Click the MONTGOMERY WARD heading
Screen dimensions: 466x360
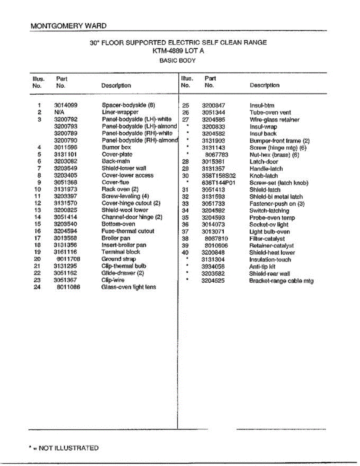click(68, 26)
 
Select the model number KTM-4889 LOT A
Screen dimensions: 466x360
click(178, 50)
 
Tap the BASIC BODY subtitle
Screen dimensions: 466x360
click(178, 61)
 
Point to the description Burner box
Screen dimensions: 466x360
click(116, 147)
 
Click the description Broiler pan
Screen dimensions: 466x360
click(116, 238)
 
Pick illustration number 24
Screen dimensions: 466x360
click(37, 287)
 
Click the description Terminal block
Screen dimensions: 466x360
click(120, 252)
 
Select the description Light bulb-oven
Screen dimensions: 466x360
click(269, 232)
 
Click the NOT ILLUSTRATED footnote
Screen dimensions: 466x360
click(64, 448)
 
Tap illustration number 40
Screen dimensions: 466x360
click(185, 253)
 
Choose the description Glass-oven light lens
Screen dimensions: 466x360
click(129, 287)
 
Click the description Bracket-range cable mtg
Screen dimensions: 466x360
click(281, 281)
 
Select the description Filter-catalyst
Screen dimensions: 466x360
click(267, 239)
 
